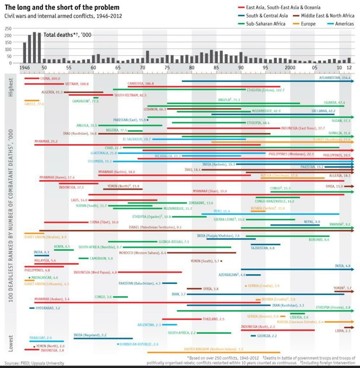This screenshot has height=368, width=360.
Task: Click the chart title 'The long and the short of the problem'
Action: [62, 8]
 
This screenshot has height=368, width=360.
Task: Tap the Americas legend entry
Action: [344, 24]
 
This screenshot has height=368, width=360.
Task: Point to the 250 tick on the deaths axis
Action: [8, 28]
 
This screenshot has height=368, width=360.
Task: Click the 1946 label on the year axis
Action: [26, 68]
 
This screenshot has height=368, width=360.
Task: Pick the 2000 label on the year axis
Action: [290, 68]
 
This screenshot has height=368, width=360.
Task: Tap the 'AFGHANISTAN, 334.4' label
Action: [335, 78]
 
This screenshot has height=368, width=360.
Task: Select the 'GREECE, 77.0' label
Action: [34, 104]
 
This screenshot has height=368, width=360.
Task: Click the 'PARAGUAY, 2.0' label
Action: [41, 338]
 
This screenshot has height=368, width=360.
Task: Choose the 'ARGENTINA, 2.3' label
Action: [149, 325]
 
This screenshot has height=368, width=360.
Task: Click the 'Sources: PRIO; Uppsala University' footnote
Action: [34, 363]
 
